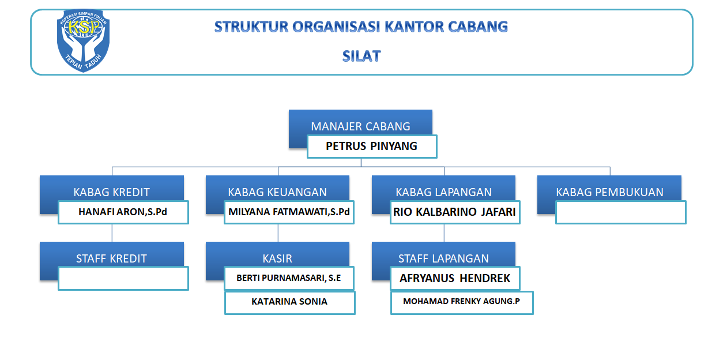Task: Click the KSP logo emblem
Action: (x=83, y=40)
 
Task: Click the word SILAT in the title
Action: (x=361, y=56)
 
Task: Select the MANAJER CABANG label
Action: (x=360, y=126)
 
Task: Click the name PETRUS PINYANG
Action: (x=372, y=146)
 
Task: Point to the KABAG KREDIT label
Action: (x=111, y=192)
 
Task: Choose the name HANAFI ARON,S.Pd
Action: (x=123, y=212)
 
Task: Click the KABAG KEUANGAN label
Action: (x=277, y=192)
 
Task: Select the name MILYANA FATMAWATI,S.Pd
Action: (x=289, y=212)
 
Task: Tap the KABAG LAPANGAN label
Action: (x=443, y=192)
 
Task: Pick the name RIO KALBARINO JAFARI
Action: (x=454, y=212)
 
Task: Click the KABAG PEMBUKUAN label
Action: (x=609, y=192)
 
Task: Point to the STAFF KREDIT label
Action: (x=111, y=258)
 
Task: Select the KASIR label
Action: (x=277, y=258)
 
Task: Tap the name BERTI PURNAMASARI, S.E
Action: (x=288, y=278)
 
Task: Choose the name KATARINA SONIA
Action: (x=289, y=302)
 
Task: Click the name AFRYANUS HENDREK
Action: (x=455, y=279)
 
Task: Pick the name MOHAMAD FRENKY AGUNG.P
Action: (x=461, y=301)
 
